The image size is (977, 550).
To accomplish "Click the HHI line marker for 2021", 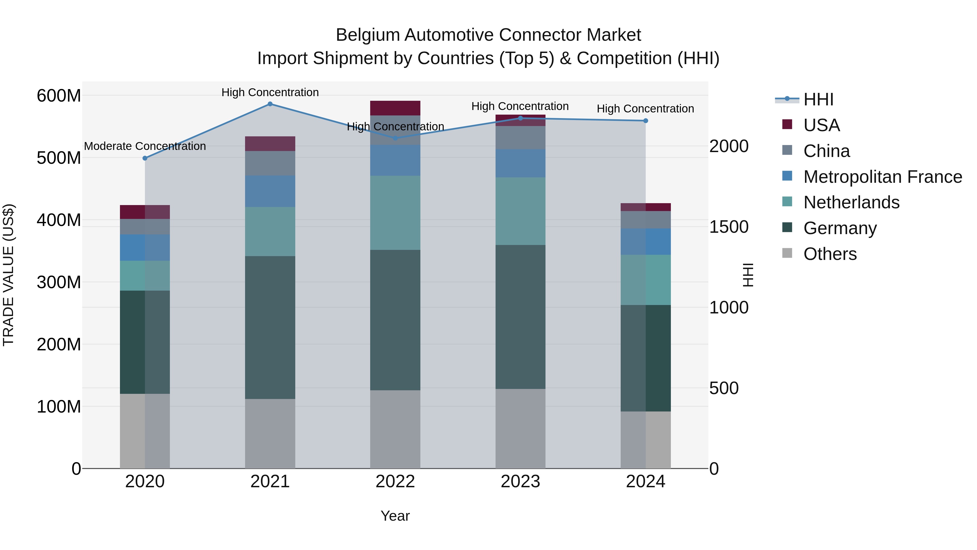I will point(270,104).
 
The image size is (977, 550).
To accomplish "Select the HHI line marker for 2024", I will point(646,121).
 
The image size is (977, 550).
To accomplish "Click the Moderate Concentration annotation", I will point(145,146).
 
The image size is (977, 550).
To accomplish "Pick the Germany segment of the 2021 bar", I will point(270,327).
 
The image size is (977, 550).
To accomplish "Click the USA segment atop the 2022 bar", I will point(395,108).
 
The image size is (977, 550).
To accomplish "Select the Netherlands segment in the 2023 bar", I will point(520,211).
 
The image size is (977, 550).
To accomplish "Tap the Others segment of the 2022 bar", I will point(395,429).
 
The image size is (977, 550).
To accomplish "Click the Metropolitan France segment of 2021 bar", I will point(270,191).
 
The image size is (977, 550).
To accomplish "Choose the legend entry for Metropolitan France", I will point(883,177).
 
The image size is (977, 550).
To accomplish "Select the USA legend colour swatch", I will point(787,124).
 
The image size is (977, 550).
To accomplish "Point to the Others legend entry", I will point(830,254).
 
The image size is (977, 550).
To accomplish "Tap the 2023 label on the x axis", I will point(520,482).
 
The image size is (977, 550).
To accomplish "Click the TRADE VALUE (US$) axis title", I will point(8,275).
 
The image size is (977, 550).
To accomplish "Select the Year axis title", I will point(395,516).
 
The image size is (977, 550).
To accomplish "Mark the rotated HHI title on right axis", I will point(748,275).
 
